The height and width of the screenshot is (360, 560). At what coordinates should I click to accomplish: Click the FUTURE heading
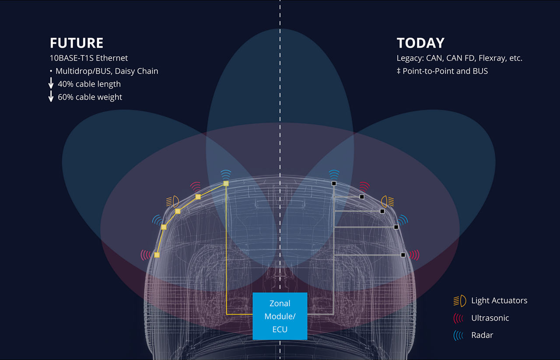tap(77, 43)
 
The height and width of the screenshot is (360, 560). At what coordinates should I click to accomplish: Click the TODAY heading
tap(420, 43)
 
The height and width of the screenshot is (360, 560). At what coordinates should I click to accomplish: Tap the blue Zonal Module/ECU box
tap(280, 316)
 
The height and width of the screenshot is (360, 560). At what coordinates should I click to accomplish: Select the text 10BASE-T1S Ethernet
tap(89, 58)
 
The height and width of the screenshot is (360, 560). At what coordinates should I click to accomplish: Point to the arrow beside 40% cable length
tap(51, 83)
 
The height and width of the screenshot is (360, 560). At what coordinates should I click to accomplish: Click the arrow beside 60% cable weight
tap(51, 96)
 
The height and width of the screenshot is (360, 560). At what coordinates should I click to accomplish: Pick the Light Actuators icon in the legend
tap(460, 301)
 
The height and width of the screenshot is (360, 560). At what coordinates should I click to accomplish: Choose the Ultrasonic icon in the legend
tap(458, 318)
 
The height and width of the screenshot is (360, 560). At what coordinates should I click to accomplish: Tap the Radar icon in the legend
tap(458, 335)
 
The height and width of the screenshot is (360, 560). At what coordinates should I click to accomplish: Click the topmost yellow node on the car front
tap(226, 184)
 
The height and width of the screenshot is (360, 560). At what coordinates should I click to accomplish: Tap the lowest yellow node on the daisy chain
tap(157, 255)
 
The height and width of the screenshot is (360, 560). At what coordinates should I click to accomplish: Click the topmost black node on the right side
tap(334, 184)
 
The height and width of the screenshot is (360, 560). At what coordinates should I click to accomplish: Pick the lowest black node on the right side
tap(403, 255)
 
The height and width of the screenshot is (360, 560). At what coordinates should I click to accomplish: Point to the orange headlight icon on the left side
tap(173, 201)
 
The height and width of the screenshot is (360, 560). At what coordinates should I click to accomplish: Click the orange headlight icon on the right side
tap(388, 201)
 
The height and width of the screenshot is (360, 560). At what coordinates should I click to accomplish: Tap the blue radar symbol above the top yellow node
tap(226, 174)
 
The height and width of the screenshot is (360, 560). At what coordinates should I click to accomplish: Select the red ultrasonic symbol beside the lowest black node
tap(414, 255)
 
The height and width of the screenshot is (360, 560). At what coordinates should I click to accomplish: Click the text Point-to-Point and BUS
tap(445, 71)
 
